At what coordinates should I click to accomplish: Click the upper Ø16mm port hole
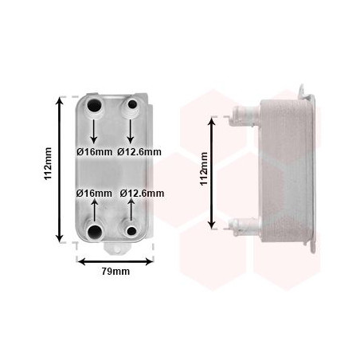tap(96, 107)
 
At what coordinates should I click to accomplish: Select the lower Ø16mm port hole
tap(96, 232)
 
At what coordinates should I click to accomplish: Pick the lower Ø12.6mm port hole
tap(129, 231)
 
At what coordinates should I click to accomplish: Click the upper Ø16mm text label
tap(95, 151)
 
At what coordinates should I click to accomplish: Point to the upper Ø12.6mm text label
tap(139, 151)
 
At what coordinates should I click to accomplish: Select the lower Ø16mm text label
tap(95, 193)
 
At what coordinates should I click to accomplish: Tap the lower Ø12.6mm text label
tap(142, 193)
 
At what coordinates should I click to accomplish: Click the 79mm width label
tap(116, 272)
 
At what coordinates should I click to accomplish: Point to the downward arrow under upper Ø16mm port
tap(96, 130)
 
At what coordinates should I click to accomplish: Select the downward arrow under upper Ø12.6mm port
tap(129, 130)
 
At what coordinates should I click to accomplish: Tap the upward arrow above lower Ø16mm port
tap(96, 211)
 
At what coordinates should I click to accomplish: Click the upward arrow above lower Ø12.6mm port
tap(129, 211)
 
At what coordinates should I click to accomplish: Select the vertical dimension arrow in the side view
tap(213, 170)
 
